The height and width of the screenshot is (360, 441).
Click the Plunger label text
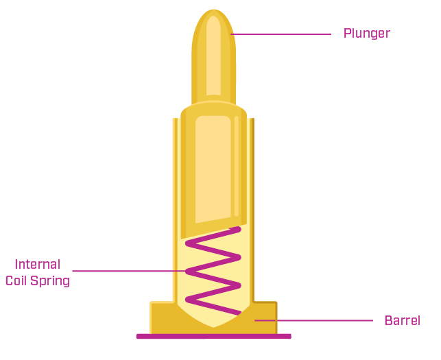tap(367, 33)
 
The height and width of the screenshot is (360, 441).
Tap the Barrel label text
tap(402, 320)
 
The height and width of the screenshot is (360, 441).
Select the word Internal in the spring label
tap(38, 265)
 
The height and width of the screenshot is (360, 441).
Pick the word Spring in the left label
tap(53, 280)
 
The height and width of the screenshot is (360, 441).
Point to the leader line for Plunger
tap(281, 34)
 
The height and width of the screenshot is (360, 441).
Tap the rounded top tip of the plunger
tap(213, 15)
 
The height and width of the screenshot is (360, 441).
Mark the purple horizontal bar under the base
tap(213, 336)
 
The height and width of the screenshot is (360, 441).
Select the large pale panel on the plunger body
tap(213, 168)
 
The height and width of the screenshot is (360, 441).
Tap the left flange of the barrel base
tap(162, 317)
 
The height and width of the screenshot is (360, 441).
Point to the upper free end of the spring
tap(238, 228)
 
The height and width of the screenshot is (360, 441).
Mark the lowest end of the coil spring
tap(238, 313)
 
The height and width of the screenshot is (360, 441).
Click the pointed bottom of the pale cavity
tap(213, 326)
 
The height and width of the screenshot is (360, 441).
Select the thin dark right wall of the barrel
tap(252, 206)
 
